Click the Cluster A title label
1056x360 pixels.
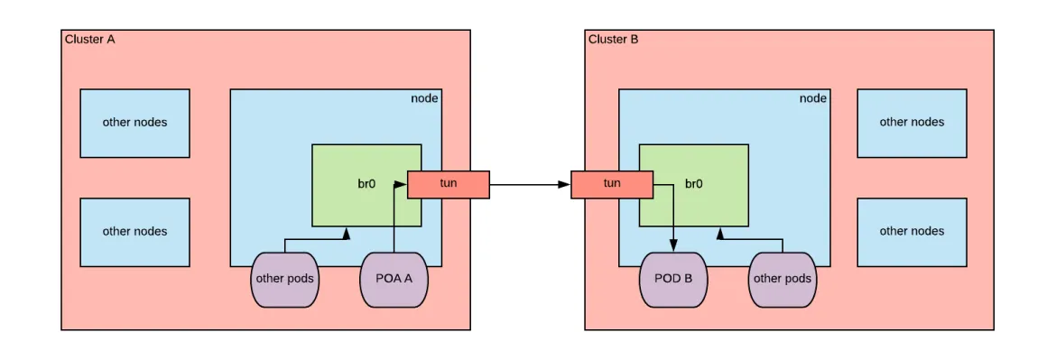pos(89,39)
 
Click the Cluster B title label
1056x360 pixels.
pos(613,39)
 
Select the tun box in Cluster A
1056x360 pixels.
pos(449,184)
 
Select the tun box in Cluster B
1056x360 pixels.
pos(611,184)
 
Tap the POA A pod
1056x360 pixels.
pos(394,279)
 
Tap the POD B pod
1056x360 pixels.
pos(673,279)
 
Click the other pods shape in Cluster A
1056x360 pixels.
pos(285,279)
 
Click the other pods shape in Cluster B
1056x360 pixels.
pos(782,279)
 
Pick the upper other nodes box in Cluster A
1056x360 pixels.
pos(134,123)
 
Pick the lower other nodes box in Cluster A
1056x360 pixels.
pos(134,232)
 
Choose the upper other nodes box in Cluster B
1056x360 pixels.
pos(912,123)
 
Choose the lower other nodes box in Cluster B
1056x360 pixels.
pos(912,232)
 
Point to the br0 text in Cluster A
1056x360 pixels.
pos(366,184)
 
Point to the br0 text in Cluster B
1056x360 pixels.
pos(694,184)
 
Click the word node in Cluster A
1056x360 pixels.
pos(424,98)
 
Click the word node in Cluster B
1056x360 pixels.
pos(812,98)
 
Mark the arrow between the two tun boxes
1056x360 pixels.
pos(530,185)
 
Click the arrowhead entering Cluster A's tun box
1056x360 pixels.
pos(403,184)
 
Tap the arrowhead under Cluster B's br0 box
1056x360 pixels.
pos(719,233)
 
